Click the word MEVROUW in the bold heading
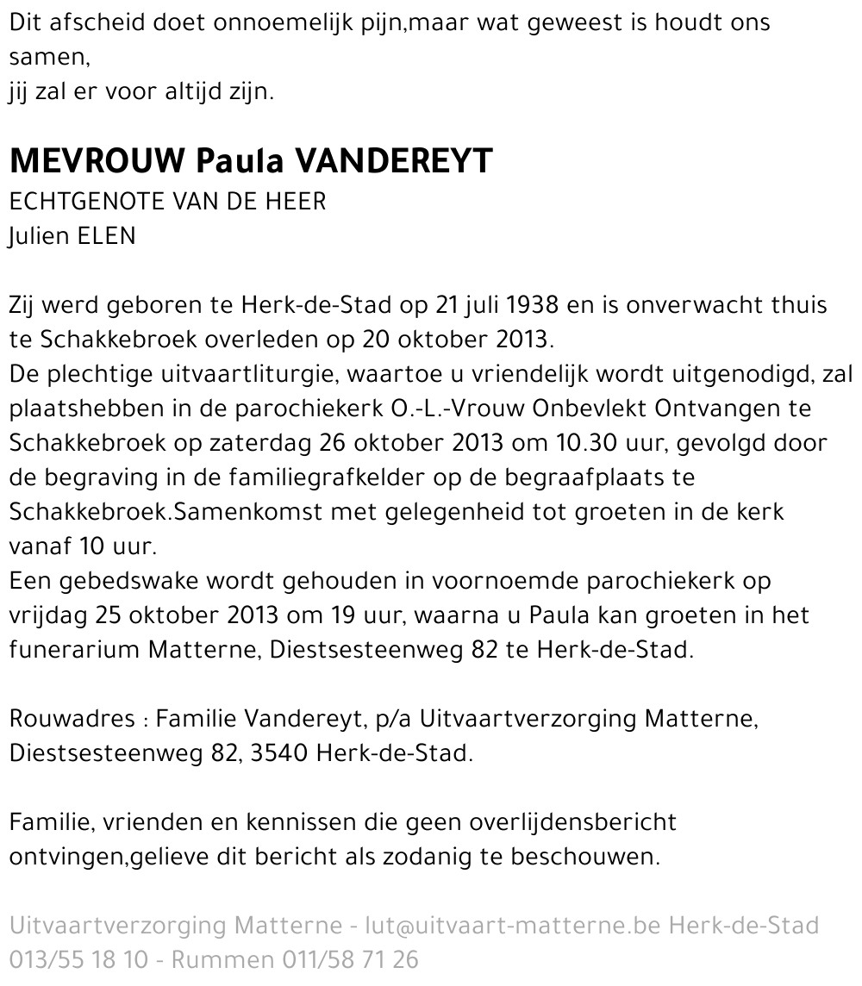(x=97, y=161)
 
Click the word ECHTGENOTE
(x=86, y=202)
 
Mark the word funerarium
(x=72, y=650)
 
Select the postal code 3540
(x=278, y=753)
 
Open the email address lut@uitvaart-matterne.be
(x=512, y=927)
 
